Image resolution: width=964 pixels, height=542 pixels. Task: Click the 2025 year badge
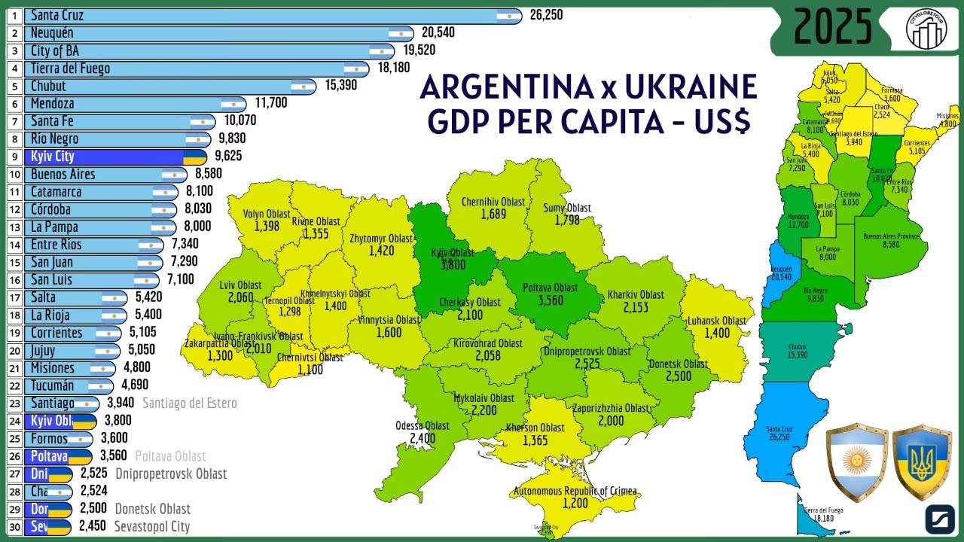[833, 28]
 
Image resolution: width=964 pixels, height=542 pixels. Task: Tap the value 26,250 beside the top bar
[546, 15]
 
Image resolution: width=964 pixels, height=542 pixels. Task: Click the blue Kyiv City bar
[113, 157]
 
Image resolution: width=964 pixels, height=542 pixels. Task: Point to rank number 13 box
[14, 227]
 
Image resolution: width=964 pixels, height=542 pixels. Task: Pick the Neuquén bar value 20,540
[438, 33]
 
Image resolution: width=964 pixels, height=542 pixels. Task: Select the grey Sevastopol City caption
[151, 527]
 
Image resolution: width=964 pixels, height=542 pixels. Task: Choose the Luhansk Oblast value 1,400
[717, 333]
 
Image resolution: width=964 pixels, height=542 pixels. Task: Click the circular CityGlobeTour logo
[926, 28]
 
